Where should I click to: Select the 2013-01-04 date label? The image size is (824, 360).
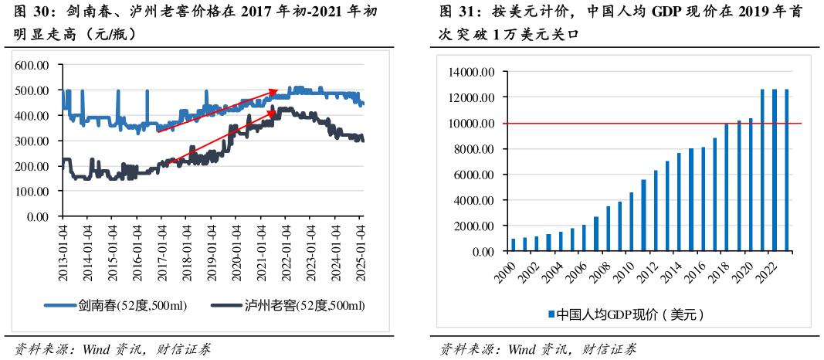tap(63, 245)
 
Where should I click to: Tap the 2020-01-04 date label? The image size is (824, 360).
tap(237, 245)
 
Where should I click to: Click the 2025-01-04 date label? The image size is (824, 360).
tap(361, 245)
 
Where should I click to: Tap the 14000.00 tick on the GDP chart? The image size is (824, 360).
tap(471, 72)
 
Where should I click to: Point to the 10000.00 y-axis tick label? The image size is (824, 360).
tap(471, 124)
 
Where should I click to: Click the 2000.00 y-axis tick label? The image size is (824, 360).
tap(473, 226)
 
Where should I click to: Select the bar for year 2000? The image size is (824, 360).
tap(513, 245)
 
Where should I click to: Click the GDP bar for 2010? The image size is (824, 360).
tap(632, 222)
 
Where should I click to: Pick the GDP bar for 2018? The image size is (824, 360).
tap(727, 188)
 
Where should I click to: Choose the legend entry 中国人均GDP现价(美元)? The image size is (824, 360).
tap(626, 314)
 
